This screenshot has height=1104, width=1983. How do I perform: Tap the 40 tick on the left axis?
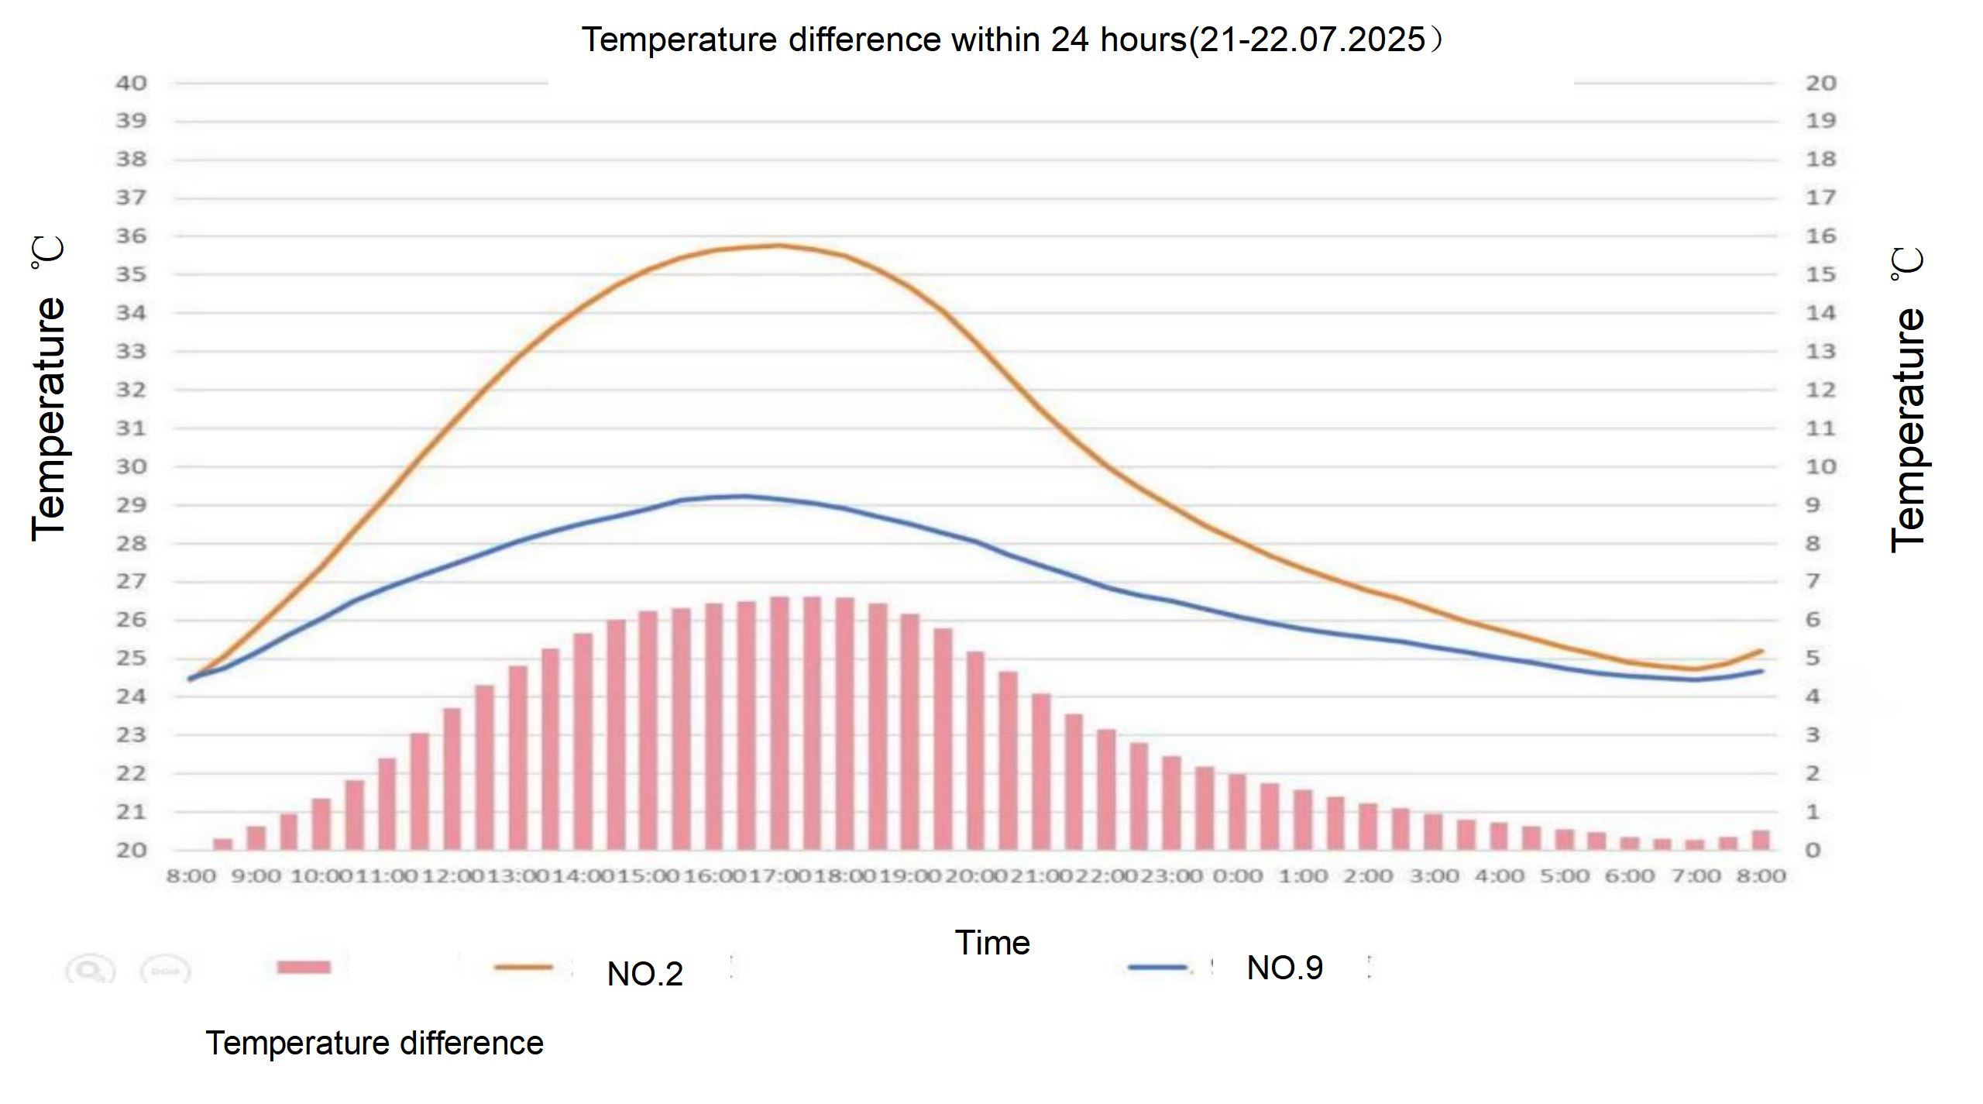point(131,83)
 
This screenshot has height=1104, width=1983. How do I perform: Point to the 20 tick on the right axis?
point(1821,83)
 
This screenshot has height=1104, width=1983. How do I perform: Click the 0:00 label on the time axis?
point(1237,876)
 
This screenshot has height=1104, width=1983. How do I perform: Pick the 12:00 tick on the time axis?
point(452,876)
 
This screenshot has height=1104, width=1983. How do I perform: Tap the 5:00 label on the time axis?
point(1565,876)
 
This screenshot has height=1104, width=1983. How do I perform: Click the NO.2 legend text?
point(645,974)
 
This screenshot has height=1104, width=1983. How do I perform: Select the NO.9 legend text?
point(1285,968)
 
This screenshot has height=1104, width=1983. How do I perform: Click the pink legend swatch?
point(304,967)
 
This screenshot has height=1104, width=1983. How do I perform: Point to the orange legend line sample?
point(523,967)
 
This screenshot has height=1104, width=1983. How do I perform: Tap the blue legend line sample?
point(1157,967)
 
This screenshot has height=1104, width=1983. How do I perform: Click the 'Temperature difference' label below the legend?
point(374,1044)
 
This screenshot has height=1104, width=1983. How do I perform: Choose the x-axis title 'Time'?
point(992,943)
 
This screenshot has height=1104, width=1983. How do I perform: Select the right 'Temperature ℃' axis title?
point(1907,400)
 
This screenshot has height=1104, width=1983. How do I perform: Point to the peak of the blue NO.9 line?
point(745,496)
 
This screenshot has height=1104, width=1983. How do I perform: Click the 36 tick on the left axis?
point(131,236)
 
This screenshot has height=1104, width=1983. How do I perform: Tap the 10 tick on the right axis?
point(1821,466)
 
